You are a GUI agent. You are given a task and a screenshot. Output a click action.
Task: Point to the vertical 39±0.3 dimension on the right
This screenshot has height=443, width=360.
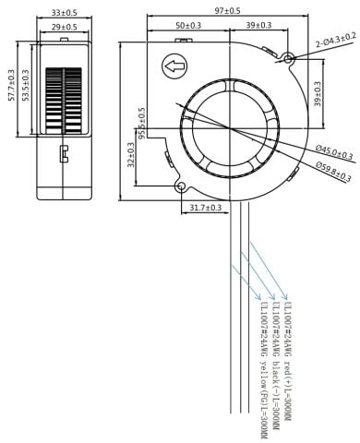click(317, 92)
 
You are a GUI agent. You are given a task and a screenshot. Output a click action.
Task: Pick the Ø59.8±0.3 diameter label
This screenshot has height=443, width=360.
click(333, 169)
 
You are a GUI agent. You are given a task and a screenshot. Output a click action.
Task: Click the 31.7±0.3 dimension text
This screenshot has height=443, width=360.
click(204, 209)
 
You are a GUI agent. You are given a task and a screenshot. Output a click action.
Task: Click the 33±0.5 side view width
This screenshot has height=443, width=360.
click(64, 11)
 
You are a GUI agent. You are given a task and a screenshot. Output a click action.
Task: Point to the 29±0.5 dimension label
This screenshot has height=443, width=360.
click(64, 29)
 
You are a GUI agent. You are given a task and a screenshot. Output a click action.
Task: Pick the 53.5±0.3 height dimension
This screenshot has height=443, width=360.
click(25, 85)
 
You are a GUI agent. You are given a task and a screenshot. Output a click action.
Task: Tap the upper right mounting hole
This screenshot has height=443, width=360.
click(288, 60)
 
